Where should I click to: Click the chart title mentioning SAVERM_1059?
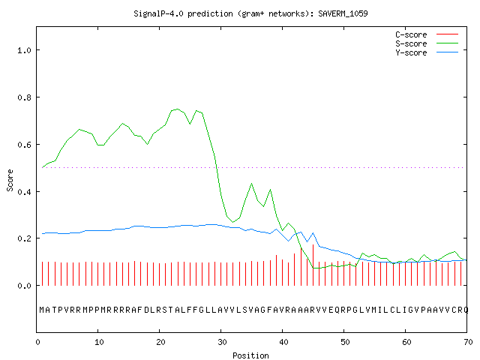pos(250,13)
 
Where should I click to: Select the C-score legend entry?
pos(427,34)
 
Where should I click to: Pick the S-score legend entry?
pos(427,43)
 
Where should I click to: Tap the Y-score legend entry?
pos(427,52)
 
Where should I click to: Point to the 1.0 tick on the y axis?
pos(24,50)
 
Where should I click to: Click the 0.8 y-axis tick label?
pos(24,97)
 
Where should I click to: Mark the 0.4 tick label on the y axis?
pos(24,192)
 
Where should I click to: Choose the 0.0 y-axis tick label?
pos(24,286)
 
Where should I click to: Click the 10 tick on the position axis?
pos(99,342)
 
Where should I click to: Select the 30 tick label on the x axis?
pos(222,342)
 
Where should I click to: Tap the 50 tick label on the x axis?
pos(345,342)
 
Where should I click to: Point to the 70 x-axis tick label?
pos(468,342)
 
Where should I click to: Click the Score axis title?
pos(10,180)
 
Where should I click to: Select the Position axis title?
pos(250,355)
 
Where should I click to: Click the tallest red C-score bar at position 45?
pos(313,265)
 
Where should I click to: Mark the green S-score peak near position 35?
pos(252,183)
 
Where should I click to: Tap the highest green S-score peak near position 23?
pos(178,109)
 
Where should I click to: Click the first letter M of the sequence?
pos(42,310)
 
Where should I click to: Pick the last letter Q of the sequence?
pos(466,310)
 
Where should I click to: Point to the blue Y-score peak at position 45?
pos(313,233)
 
